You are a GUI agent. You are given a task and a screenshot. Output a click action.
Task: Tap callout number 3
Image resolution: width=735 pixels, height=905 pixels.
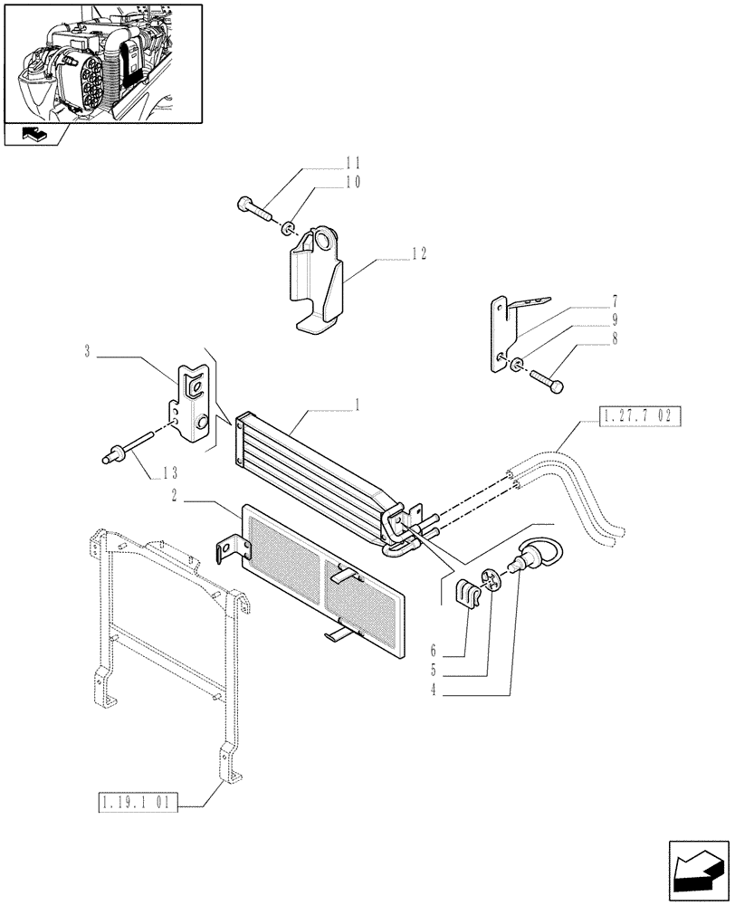88,350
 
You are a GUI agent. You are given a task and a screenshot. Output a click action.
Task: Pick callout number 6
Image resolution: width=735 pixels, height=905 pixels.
434,651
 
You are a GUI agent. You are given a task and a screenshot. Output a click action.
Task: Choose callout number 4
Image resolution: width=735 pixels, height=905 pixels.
434,691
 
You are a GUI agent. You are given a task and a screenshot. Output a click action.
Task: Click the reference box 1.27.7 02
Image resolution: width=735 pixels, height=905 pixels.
638,416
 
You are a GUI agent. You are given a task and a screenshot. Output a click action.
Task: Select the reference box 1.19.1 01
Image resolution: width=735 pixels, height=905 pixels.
138,801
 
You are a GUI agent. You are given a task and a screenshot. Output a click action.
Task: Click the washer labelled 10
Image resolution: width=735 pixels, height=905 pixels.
287,226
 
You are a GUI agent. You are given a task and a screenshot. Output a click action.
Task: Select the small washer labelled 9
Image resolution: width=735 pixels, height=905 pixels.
516,365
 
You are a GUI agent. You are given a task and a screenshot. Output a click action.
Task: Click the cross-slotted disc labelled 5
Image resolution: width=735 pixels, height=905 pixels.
492,579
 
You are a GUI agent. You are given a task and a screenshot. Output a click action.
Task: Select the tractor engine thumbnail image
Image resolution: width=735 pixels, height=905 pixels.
102,63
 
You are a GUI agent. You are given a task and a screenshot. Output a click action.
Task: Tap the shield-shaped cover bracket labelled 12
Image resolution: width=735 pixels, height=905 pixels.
317,281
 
